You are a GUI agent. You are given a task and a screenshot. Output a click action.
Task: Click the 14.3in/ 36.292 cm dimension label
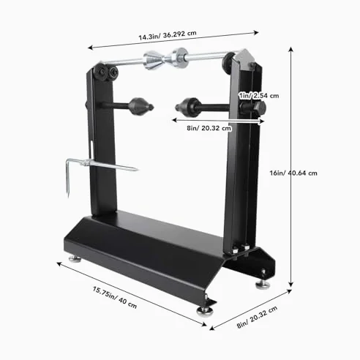pyautogui.click(x=168, y=35)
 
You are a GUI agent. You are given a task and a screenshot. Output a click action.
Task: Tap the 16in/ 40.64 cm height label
pyautogui.click(x=293, y=173)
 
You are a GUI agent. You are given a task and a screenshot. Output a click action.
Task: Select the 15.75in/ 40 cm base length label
pyautogui.click(x=115, y=297)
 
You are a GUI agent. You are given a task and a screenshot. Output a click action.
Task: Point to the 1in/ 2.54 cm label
pyautogui.click(x=258, y=96)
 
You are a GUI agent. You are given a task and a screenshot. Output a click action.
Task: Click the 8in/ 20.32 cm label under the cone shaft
pyautogui.click(x=209, y=128)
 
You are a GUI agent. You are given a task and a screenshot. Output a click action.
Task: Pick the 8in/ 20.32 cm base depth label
pyautogui.click(x=257, y=317)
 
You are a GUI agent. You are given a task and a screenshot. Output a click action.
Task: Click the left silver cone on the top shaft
pyautogui.click(x=153, y=60)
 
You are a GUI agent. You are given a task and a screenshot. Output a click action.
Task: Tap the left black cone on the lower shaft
pyautogui.click(x=141, y=106)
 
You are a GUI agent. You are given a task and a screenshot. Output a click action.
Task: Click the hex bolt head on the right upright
pyautogui.click(x=259, y=108)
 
